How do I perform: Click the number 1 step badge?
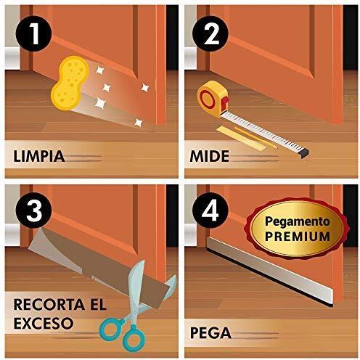(x=33, y=33)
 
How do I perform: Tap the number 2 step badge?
(x=210, y=33)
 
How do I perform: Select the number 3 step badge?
(x=33, y=210)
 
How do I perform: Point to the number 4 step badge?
(x=210, y=210)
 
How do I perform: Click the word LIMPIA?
(x=39, y=156)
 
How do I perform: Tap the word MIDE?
(x=210, y=156)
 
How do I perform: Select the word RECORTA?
(x=49, y=305)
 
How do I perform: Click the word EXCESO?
(x=44, y=323)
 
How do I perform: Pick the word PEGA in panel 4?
(x=210, y=333)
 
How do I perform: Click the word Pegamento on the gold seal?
(x=298, y=222)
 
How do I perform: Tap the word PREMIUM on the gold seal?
(x=298, y=237)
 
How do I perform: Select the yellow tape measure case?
(x=213, y=99)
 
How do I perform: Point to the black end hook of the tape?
(x=304, y=153)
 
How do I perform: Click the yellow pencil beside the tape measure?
(x=255, y=138)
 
